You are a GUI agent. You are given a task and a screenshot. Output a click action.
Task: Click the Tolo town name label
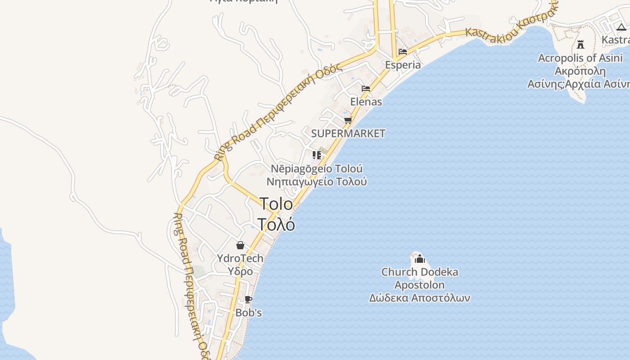point(276,204)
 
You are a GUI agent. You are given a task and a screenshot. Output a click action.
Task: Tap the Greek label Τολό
point(276,224)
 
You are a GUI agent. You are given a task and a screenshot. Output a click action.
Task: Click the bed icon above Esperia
point(403,52)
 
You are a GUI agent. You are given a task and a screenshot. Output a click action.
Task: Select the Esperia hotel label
point(403,65)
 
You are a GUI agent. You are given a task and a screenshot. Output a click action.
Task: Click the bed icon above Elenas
point(366,89)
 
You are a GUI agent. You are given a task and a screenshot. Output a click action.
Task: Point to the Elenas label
point(366,102)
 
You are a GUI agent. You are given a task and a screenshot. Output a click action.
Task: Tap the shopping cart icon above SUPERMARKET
point(348,120)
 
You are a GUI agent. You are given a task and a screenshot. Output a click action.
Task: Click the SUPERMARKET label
point(348,133)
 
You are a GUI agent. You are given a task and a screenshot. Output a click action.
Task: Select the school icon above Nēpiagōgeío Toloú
point(317,155)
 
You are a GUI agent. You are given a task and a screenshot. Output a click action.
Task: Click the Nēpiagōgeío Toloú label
point(317,169)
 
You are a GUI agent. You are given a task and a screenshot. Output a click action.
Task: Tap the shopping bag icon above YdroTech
point(240,245)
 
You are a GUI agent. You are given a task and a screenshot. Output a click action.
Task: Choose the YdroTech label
point(240,258)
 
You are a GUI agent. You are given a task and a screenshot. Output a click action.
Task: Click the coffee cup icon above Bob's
point(248,299)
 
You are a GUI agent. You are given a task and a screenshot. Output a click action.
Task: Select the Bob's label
point(248,312)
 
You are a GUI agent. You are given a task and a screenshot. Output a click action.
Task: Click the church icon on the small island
point(420,259)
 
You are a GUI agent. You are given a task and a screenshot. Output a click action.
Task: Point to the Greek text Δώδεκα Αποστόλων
point(420,298)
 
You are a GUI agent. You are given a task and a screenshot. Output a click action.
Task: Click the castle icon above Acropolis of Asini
point(580,45)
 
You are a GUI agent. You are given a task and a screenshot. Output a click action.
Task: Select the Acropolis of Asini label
point(580,58)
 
